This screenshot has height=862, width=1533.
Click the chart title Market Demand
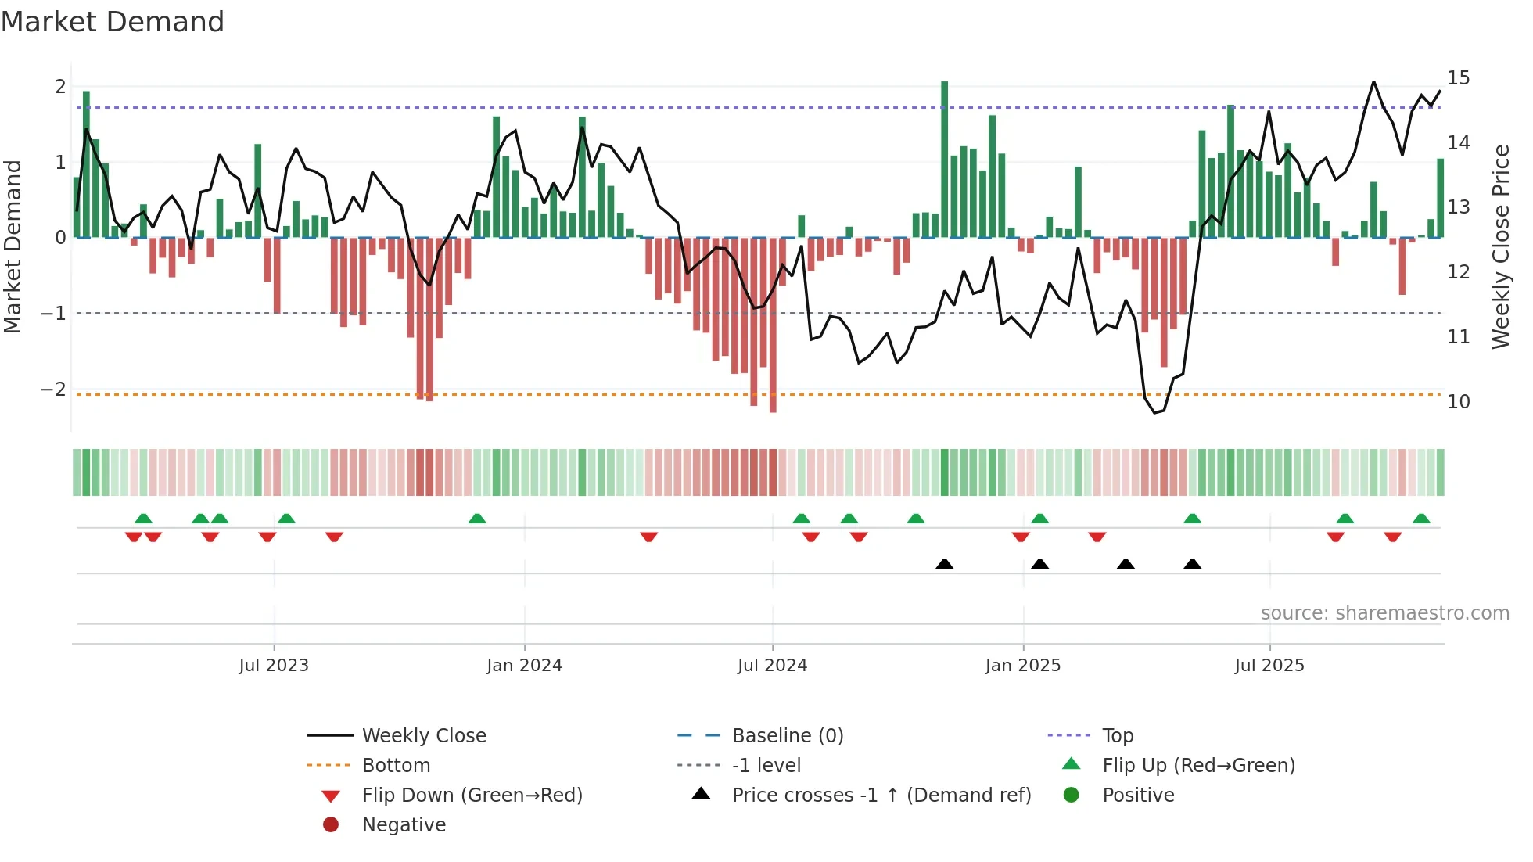(113, 22)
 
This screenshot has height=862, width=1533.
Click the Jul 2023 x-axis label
(274, 666)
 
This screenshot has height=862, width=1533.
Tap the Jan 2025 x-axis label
(1022, 666)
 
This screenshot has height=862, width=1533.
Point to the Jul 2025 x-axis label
(1269, 666)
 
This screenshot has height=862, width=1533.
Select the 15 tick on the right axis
(1458, 78)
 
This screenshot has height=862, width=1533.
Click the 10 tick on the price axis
(1458, 402)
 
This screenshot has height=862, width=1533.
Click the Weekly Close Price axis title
(1500, 246)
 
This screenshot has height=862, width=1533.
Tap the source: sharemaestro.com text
(1384, 613)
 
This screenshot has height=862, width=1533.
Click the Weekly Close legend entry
(423, 736)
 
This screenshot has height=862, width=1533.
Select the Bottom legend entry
(396, 766)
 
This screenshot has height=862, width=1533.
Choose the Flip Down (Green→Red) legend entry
(472, 796)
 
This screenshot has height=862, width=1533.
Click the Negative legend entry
(404, 825)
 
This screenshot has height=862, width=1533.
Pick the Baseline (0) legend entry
(787, 736)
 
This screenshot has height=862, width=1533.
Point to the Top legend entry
(1118, 736)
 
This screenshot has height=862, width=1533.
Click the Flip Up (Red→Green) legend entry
(1198, 766)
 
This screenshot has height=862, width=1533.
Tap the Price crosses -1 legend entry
(881, 796)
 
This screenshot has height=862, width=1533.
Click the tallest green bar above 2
(944, 156)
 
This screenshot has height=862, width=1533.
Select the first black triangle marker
(944, 564)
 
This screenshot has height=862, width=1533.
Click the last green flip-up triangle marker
(1421, 519)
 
